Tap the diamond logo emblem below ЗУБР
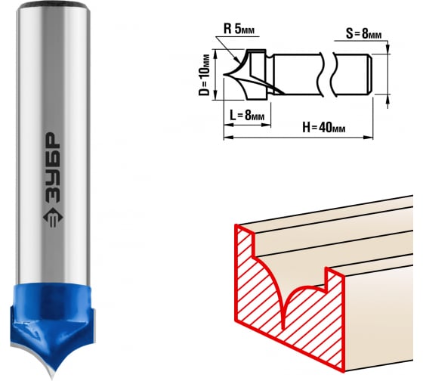coord(53,218)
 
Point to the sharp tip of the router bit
coord(52,378)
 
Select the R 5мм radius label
coord(239,29)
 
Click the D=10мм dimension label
coord(204,76)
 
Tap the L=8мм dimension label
coord(247,116)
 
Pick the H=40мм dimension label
coord(324,127)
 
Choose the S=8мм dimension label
coord(363,34)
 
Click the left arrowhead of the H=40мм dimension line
coord(228,138)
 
